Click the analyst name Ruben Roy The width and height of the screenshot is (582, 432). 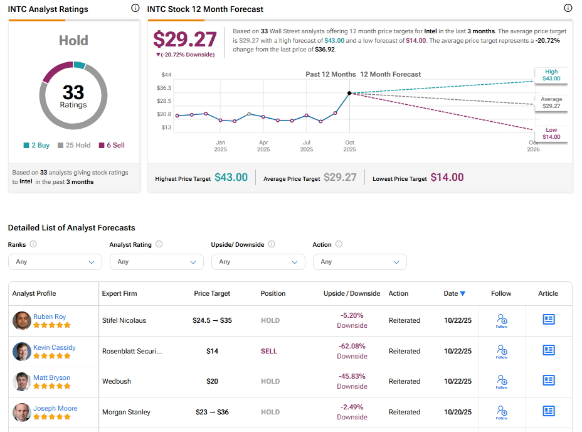click(50, 316)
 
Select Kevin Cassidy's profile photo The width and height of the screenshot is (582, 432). click(21, 351)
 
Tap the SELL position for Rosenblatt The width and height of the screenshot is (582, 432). click(268, 351)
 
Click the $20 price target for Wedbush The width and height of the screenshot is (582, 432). click(212, 381)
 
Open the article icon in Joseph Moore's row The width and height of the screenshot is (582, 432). click(549, 411)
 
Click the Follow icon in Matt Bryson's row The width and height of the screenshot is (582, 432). click(501, 381)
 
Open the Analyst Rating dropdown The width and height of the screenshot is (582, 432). click(156, 262)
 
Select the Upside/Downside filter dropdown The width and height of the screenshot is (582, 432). click(258, 262)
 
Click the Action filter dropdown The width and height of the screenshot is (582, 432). click(359, 262)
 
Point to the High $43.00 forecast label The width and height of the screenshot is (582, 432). click(551, 75)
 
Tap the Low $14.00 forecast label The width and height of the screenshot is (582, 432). click(551, 133)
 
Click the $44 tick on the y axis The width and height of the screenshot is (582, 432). click(167, 75)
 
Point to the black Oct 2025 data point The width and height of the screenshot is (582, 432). click(349, 93)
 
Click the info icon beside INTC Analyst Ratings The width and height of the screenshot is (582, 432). click(135, 8)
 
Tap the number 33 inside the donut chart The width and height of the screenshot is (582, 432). click(73, 92)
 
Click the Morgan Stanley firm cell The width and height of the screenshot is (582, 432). click(126, 412)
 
